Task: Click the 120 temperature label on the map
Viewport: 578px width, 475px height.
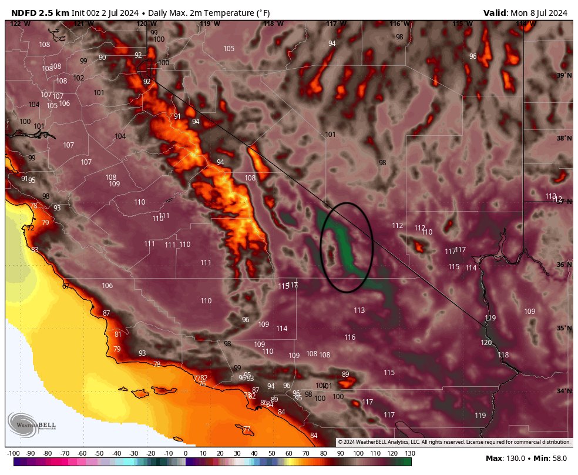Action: tap(486, 343)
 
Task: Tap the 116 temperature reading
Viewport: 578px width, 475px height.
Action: tap(350, 337)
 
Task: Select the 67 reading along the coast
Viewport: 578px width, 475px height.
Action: tap(66, 286)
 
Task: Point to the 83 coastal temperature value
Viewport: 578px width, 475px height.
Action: tap(35, 250)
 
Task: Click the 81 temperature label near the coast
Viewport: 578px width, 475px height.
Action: tap(117, 334)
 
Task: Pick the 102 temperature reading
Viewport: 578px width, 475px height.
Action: tap(78, 78)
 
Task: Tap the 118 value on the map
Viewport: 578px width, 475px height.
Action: tap(503, 355)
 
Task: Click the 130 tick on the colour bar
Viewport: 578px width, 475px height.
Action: tap(410, 453)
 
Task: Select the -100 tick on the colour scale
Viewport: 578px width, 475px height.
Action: tap(14, 453)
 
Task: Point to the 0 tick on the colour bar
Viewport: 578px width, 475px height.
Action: tap(185, 453)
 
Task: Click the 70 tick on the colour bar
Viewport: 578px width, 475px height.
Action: tap(306, 453)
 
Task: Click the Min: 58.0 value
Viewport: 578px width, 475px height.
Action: tap(552, 458)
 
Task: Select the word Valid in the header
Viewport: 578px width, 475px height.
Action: tap(495, 13)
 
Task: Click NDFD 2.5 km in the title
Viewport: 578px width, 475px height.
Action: tap(40, 13)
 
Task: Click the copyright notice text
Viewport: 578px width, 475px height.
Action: tap(453, 441)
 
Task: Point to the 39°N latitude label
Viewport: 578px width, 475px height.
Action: tap(564, 76)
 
